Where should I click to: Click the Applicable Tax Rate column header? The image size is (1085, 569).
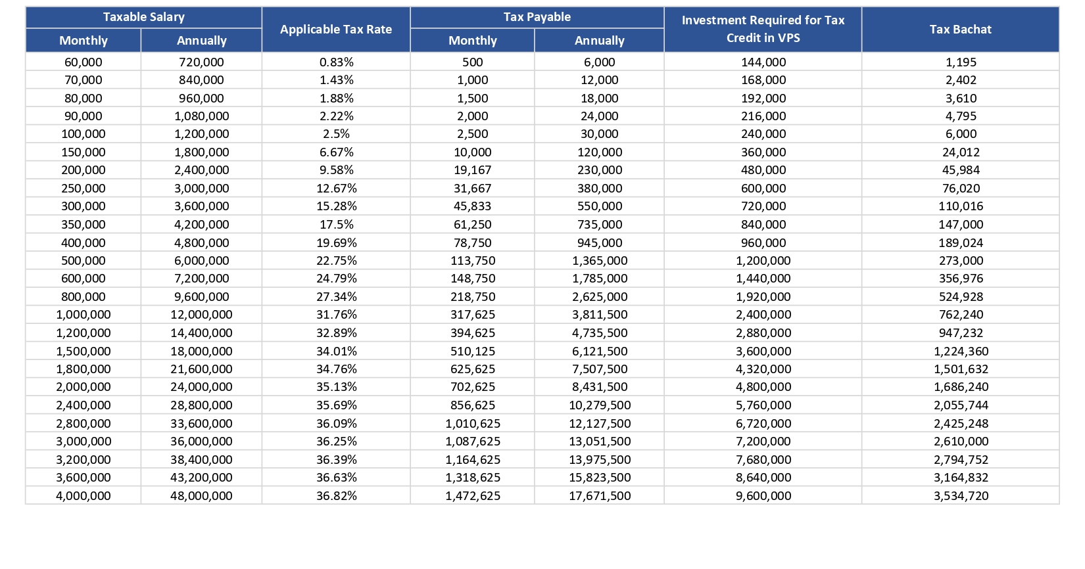click(x=335, y=30)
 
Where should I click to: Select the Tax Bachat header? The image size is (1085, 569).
click(x=960, y=30)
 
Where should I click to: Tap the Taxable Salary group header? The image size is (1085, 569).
click(x=144, y=17)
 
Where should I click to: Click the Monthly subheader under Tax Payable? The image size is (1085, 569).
click(x=472, y=41)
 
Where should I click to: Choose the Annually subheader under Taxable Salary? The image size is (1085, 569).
click(x=201, y=41)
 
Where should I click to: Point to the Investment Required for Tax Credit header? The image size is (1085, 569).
click(x=763, y=29)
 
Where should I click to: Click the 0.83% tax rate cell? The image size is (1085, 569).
click(x=336, y=62)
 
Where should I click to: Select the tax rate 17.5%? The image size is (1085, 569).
click(x=336, y=225)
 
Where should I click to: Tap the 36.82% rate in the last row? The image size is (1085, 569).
click(x=336, y=496)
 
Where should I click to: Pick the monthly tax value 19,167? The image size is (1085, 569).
click(x=472, y=170)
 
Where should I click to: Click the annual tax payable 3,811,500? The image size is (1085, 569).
click(x=600, y=315)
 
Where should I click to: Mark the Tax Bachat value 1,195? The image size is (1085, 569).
click(x=961, y=62)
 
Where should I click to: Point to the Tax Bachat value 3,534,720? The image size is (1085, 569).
click(x=961, y=496)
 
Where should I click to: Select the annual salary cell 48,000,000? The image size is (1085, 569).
click(x=201, y=496)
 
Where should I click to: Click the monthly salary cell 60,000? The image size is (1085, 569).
click(x=84, y=62)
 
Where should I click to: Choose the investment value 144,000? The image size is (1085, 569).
click(x=763, y=62)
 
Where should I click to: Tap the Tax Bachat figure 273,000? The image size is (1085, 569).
click(x=961, y=261)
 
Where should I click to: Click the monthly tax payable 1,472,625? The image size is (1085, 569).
click(x=473, y=496)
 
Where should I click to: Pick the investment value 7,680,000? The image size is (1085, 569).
click(x=763, y=460)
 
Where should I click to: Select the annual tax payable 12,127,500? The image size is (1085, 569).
click(x=600, y=424)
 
